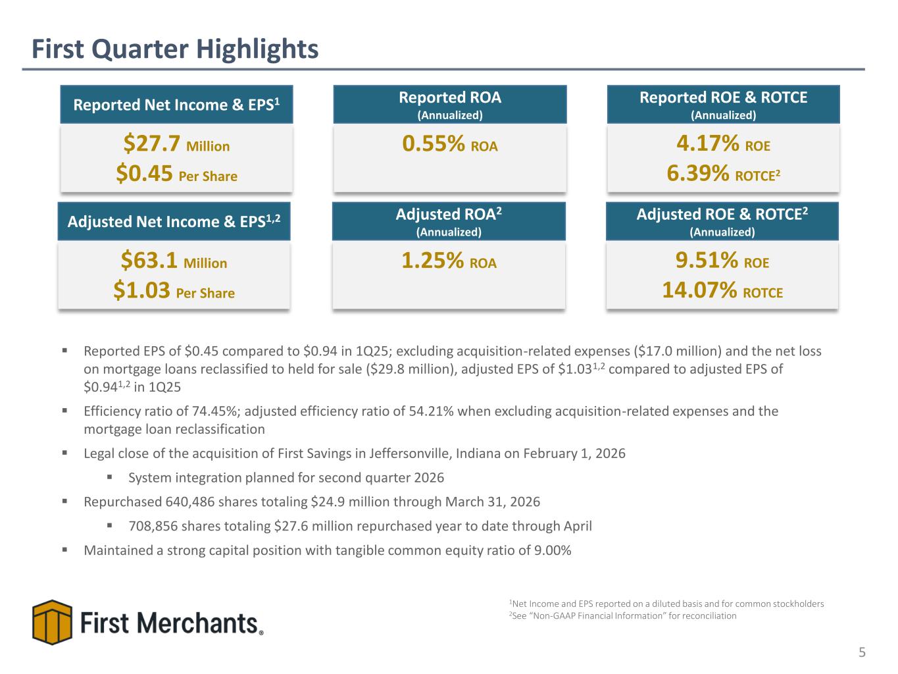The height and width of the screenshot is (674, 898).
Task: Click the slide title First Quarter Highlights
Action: (175, 49)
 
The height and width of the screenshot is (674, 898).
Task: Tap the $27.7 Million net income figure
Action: (176, 143)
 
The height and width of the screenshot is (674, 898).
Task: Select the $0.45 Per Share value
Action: (176, 174)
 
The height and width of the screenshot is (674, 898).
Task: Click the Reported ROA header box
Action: (449, 105)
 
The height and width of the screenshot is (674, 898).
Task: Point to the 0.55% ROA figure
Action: (449, 143)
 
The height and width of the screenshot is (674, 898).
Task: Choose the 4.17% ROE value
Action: (723, 143)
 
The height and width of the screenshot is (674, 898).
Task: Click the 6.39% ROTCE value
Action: (723, 174)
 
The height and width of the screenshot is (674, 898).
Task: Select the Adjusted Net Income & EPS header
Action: (174, 221)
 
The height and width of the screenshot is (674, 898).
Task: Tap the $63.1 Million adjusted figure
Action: (174, 260)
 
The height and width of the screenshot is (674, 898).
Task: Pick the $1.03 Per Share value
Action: (174, 290)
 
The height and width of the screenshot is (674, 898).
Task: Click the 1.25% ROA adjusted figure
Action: (449, 260)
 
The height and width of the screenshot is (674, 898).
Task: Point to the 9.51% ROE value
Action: (722, 260)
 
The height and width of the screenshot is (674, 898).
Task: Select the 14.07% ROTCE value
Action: (722, 290)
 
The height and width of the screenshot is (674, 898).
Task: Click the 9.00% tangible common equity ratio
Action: (553, 550)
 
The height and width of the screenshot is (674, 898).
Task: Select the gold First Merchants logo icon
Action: (52, 622)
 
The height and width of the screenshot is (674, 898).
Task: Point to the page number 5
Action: (862, 652)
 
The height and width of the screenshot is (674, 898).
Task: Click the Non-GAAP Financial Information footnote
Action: (622, 616)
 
